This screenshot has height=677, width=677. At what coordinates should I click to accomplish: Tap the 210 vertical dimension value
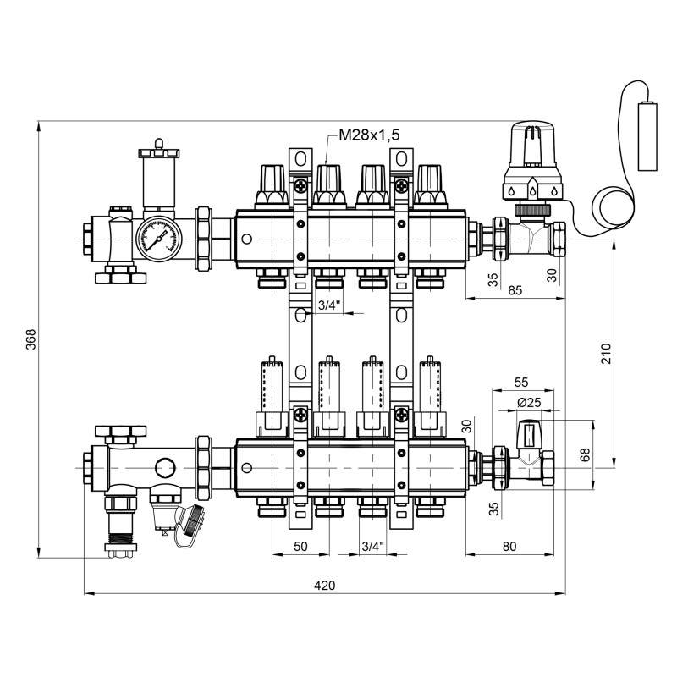pos(605,354)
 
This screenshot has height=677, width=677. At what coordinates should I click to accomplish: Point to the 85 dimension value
pos(515,290)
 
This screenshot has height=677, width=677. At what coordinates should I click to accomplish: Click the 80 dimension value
pos(509,546)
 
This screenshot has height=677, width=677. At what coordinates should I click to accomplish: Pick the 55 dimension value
pos(521,383)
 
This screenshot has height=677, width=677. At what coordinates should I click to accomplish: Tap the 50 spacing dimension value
pos(300,546)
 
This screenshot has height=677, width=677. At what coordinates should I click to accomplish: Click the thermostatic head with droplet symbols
pos(533,162)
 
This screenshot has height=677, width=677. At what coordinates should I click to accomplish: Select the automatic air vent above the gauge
pos(159,179)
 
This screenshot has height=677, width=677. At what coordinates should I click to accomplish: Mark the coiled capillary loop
pos(609,212)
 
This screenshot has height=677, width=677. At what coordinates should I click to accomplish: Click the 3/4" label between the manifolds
pos(329,305)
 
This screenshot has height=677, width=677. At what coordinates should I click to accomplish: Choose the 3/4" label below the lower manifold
pos(372,546)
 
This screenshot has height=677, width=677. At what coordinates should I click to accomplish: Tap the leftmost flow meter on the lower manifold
pos(271,394)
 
